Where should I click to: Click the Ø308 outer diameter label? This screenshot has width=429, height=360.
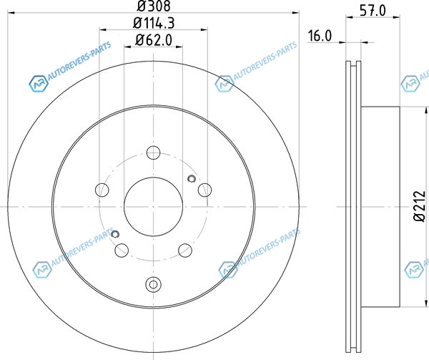[x=154, y=6]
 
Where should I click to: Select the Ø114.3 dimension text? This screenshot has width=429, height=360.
[x=154, y=23]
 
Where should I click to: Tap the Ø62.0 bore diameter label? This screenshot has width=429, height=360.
[x=154, y=40]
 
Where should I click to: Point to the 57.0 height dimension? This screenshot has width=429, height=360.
[x=373, y=11]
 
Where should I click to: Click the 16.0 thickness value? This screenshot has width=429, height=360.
[x=320, y=36]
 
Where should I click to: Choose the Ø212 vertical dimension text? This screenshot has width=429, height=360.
[x=420, y=206]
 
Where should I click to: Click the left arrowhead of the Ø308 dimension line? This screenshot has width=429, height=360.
[x=11, y=13]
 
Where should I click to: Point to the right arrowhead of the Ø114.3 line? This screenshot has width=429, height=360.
[x=204, y=29]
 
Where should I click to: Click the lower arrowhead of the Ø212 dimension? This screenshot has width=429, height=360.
[x=425, y=303]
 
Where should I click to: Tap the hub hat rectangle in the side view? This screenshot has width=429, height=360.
[x=380, y=206]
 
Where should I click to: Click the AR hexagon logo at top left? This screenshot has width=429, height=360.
[x=39, y=83]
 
